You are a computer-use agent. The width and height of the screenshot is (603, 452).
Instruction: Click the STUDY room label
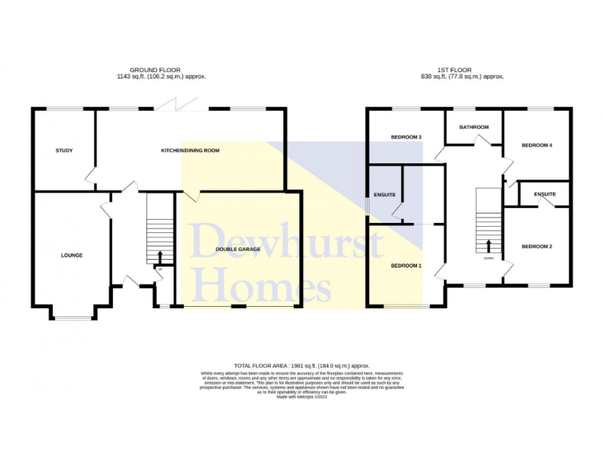tap(64, 150)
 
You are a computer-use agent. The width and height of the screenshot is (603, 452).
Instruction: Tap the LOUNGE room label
tap(72, 255)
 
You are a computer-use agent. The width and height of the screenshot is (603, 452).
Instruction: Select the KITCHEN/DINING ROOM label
tap(190, 150)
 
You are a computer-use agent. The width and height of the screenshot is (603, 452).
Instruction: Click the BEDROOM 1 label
tap(407, 265)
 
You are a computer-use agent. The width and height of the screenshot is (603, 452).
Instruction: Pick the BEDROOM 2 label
tap(537, 246)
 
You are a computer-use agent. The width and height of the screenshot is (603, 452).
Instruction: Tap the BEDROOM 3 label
tap(407, 137)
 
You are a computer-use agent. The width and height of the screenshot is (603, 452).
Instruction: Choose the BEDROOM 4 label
tap(537, 144)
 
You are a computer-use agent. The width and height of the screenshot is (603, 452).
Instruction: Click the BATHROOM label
tap(474, 127)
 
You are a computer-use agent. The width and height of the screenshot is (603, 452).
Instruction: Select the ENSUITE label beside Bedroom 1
tap(385, 194)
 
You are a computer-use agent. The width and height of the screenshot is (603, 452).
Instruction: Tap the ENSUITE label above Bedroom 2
tap(545, 194)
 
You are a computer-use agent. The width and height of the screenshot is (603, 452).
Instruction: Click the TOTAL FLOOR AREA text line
tap(301, 366)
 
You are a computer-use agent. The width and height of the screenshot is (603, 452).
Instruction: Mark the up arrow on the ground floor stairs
tap(160, 256)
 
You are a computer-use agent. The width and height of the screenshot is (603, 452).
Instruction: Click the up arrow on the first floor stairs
tap(488, 246)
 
